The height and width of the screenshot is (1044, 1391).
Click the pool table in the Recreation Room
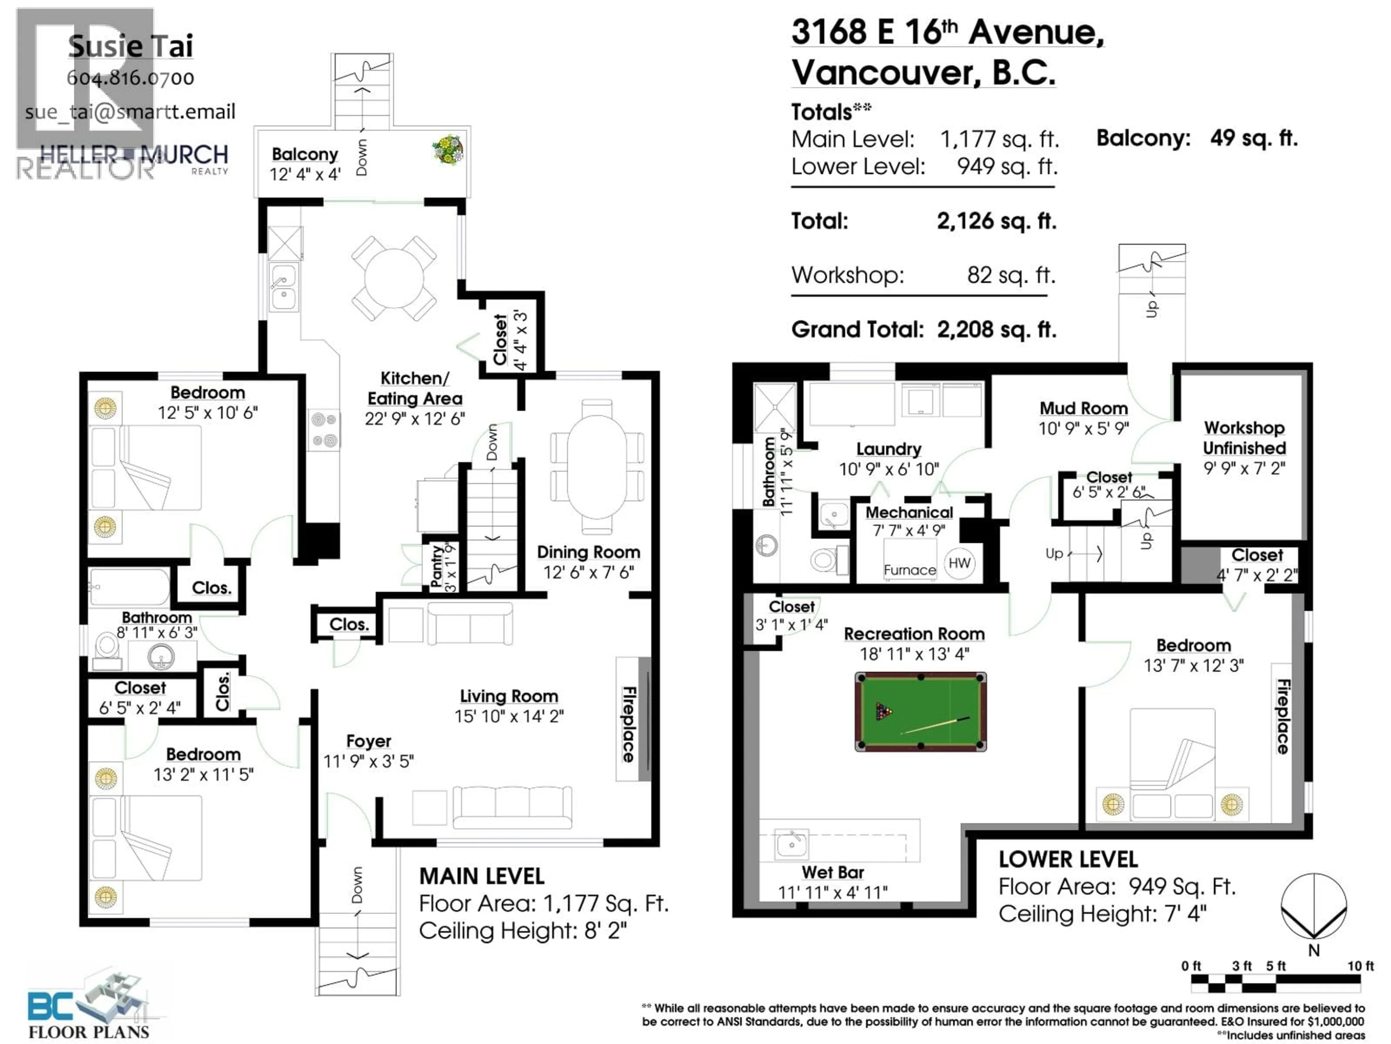(x=920, y=712)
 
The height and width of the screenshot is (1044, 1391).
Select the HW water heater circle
(x=959, y=563)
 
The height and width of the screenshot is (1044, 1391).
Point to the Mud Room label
(x=1083, y=409)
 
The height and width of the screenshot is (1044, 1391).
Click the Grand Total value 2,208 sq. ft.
(x=997, y=329)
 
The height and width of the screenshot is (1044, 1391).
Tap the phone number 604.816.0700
(x=131, y=78)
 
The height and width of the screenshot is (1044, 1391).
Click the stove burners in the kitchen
(x=325, y=430)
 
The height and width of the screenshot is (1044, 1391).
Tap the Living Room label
(x=509, y=696)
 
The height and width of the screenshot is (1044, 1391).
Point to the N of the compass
(x=1313, y=950)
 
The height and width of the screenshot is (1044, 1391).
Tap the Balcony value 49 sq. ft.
(x=1254, y=138)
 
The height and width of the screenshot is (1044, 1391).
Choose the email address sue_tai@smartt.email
(x=130, y=112)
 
